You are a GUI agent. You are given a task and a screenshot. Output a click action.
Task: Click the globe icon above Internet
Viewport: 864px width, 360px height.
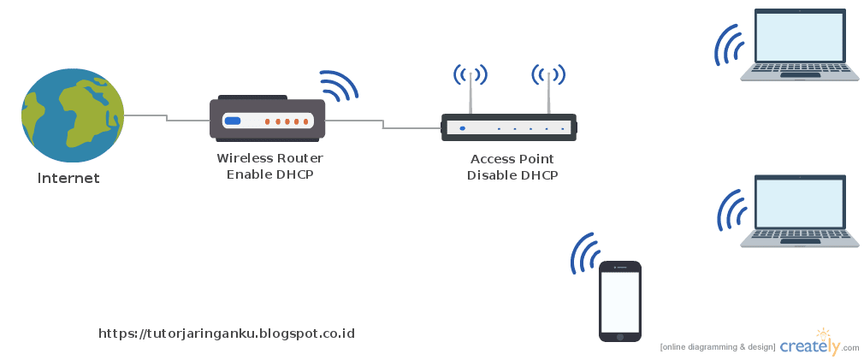pos(73,115)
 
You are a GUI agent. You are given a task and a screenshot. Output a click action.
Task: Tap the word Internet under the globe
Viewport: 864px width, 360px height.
pos(68,179)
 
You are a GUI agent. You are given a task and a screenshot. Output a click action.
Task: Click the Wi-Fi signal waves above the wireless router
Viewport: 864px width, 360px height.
pos(338,86)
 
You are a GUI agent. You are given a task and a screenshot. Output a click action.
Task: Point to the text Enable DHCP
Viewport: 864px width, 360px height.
pos(269,175)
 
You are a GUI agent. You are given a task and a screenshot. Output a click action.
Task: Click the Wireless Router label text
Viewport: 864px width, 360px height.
pos(269,158)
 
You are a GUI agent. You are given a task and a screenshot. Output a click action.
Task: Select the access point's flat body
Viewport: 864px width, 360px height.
pos(509,128)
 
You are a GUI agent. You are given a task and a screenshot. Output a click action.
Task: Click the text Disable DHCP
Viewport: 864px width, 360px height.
pos(512,176)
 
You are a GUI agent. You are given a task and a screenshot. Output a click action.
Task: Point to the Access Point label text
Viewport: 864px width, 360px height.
pos(512,159)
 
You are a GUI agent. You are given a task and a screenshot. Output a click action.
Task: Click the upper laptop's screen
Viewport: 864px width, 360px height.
pos(799,36)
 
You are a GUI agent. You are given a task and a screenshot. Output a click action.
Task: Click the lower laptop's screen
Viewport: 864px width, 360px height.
pos(799,203)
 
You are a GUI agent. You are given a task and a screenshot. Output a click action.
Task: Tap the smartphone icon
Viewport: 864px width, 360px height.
pos(620,301)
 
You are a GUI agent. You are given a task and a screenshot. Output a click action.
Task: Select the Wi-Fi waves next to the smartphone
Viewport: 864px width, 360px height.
pos(586,254)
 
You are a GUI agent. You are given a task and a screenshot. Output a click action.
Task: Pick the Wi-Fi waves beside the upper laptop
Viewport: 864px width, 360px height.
pos(730,44)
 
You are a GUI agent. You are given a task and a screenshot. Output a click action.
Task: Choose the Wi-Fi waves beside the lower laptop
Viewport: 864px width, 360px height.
pos(730,211)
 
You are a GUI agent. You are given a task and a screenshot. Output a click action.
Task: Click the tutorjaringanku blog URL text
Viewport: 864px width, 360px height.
pos(227,333)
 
